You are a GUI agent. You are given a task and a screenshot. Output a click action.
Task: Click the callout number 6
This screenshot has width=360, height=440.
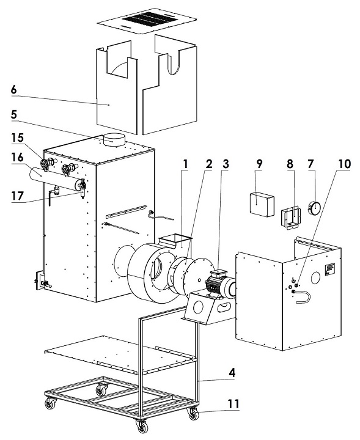(13, 90)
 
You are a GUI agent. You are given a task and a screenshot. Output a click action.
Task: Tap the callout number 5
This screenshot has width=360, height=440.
(14, 115)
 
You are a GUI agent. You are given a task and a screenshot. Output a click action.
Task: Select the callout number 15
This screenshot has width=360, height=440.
(17, 137)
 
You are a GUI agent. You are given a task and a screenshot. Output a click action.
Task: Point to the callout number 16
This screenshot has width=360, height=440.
(17, 158)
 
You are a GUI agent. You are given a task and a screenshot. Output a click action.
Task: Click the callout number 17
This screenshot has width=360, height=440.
(17, 196)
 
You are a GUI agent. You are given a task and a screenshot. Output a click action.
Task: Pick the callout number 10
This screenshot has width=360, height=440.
(344, 164)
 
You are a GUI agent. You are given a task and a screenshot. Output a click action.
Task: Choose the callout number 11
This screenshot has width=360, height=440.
(233, 404)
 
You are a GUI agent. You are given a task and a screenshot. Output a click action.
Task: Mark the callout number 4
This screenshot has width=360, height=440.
(232, 373)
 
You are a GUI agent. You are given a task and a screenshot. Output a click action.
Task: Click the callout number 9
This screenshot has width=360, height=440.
(259, 164)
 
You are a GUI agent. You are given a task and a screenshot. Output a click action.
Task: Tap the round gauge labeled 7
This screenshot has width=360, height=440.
(314, 208)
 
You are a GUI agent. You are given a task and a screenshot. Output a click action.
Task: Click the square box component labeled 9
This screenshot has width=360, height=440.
(262, 205)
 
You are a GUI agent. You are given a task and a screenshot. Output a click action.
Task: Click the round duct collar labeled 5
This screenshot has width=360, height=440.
(114, 140)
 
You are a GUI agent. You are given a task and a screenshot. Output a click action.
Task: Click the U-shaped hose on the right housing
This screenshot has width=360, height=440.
(303, 297)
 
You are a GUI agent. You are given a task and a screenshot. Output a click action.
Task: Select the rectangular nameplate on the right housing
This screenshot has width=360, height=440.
(330, 269)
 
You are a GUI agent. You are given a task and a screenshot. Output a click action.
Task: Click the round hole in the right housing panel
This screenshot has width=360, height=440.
(315, 277)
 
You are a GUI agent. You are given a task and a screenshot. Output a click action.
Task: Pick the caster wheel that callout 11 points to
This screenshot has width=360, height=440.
(193, 413)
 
